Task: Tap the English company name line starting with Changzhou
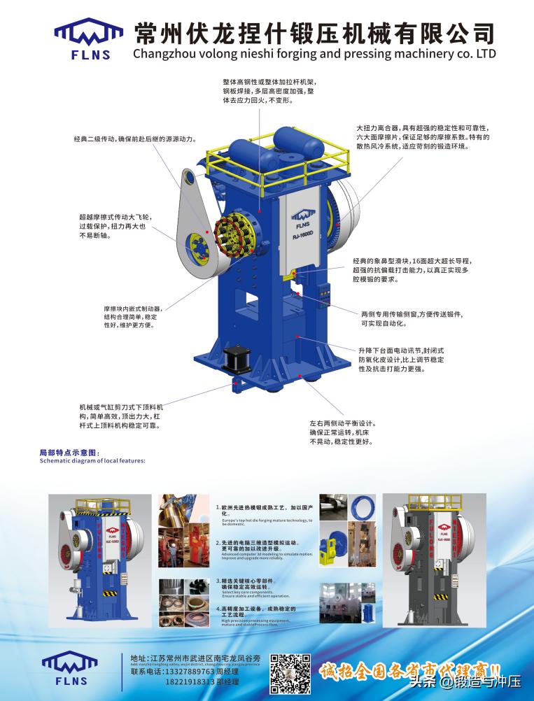(x=314, y=53)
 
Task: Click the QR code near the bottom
(x=290, y=673)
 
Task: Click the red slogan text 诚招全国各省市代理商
(x=409, y=670)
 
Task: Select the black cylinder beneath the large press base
(x=237, y=359)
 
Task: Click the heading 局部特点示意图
(x=70, y=453)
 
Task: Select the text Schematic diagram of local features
(x=92, y=461)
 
